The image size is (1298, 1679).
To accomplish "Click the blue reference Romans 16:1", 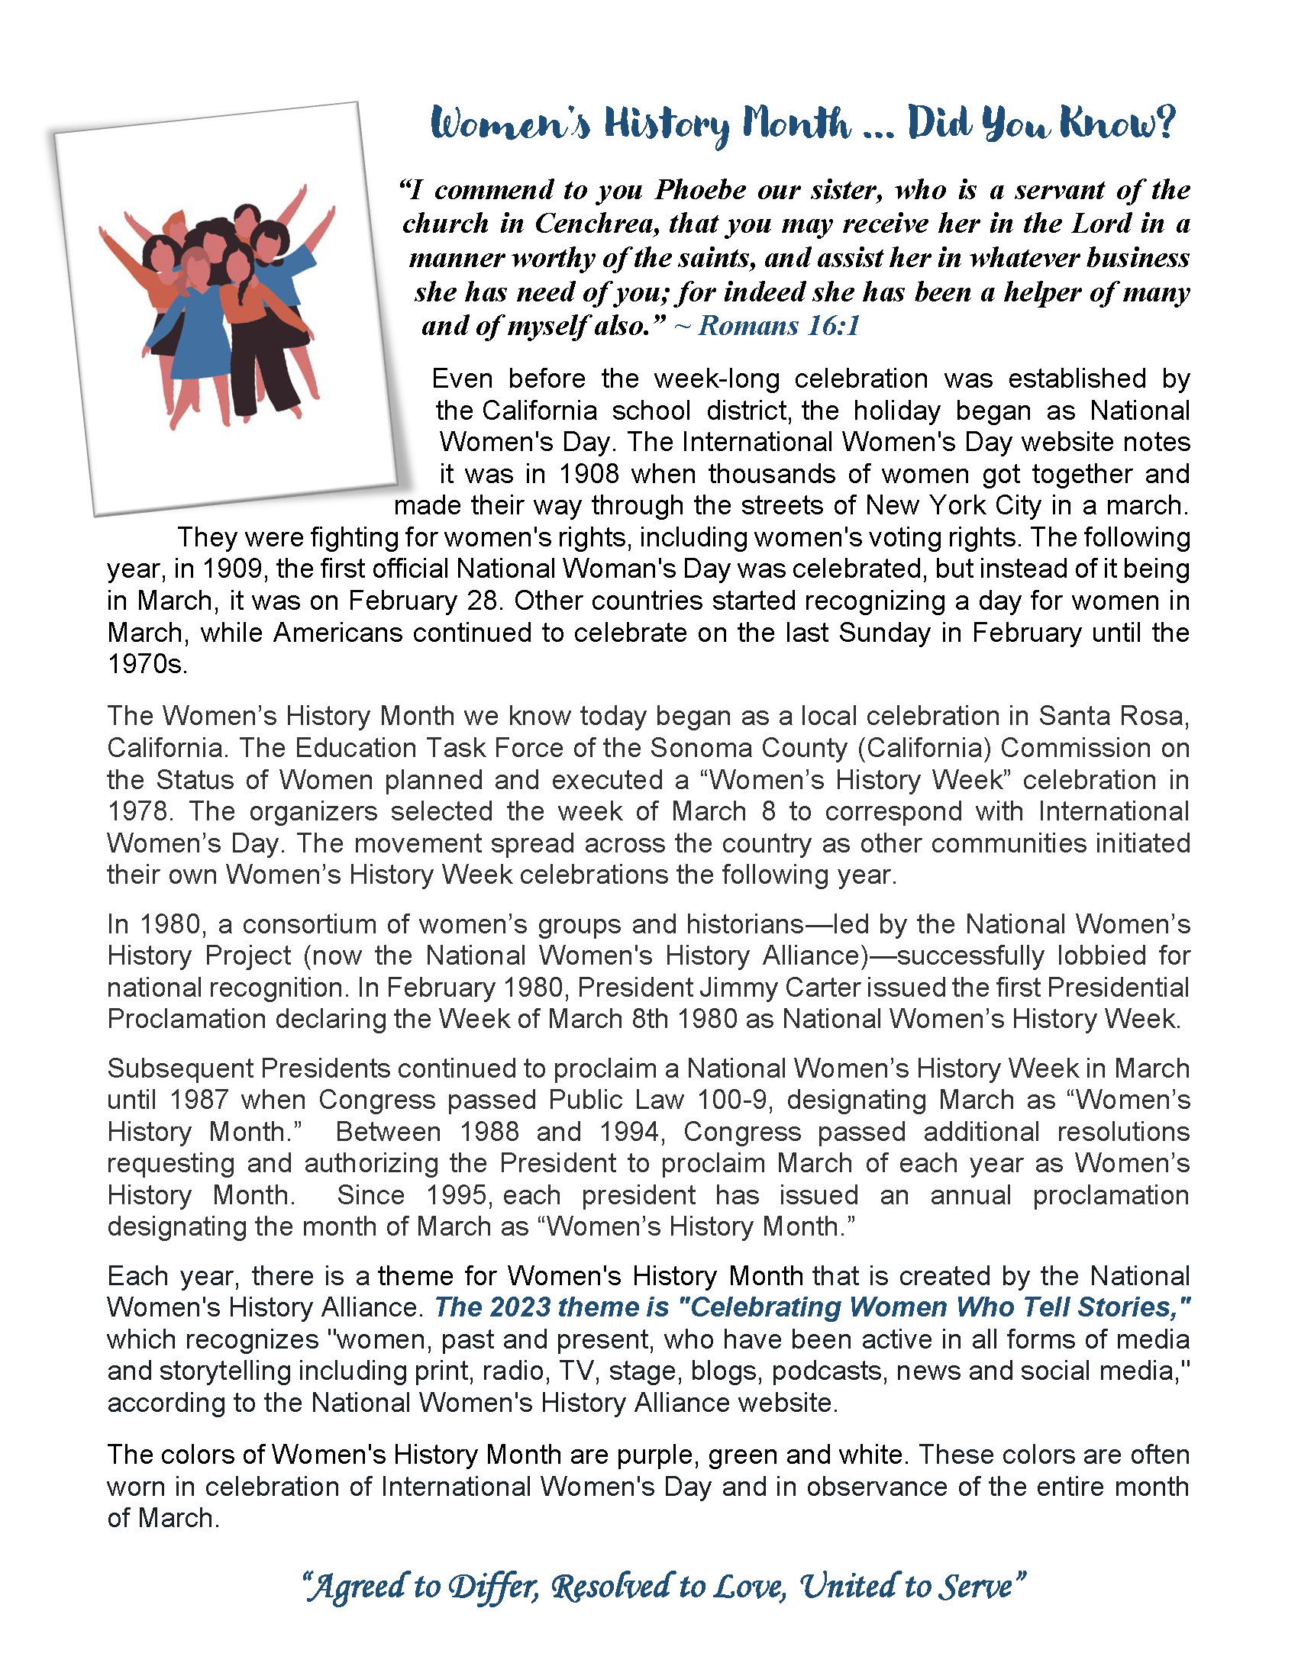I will pos(778,326).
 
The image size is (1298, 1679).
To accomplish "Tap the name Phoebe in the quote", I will pos(699,189).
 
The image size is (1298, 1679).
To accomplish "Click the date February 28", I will pos(424,601).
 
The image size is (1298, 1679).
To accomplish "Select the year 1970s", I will pos(147,664).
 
